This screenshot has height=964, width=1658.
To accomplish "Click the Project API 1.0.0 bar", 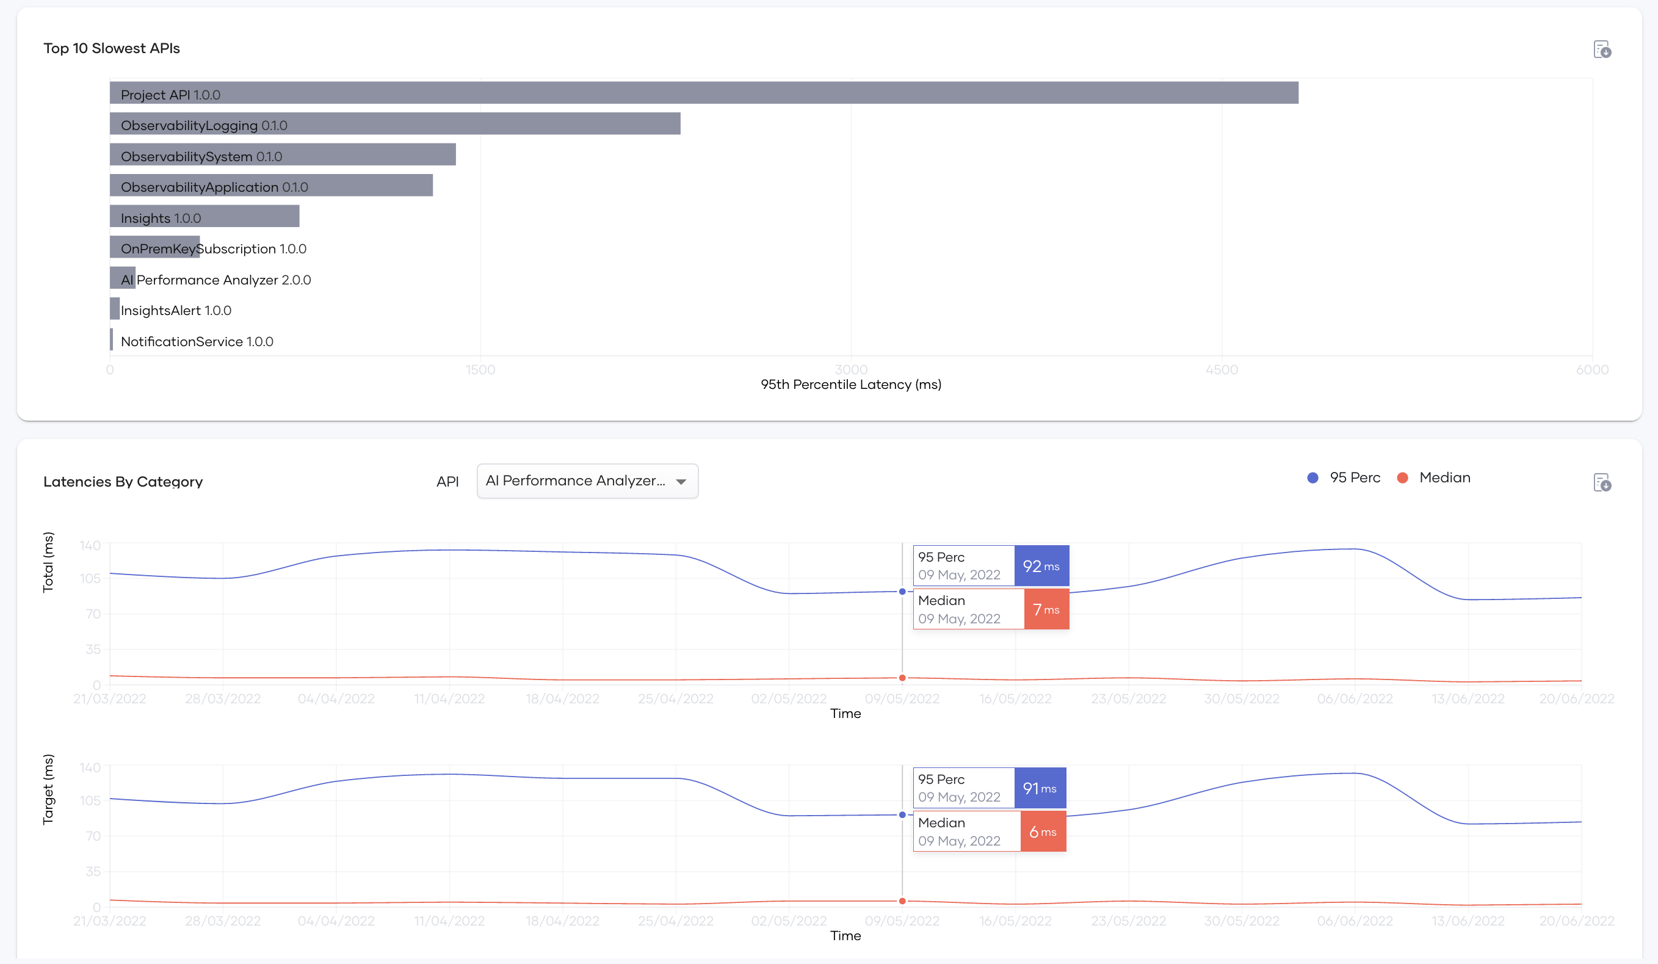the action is [704, 93].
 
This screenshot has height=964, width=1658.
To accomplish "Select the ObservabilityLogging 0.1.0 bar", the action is [395, 124].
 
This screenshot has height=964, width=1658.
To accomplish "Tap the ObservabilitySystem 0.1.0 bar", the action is [283, 154].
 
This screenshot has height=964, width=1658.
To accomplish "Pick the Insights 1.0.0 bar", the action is [205, 217].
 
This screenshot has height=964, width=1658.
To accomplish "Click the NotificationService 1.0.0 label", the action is [197, 341].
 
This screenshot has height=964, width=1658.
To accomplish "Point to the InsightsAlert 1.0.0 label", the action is [176, 311].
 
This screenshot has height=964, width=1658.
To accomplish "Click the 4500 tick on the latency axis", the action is [1222, 370].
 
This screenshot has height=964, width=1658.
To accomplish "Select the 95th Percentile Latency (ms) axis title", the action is [851, 384].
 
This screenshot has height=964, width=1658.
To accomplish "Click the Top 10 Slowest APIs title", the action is [112, 48].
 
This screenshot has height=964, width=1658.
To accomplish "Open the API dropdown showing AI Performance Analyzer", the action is [587, 481].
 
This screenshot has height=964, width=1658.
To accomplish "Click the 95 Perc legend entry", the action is [1344, 477].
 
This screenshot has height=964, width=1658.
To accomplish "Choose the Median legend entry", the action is [1433, 477].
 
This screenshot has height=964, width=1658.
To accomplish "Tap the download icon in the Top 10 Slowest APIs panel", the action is [1602, 49].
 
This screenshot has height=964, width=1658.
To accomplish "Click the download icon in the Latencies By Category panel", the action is [1602, 482].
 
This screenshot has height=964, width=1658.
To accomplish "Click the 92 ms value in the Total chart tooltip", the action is [1041, 566].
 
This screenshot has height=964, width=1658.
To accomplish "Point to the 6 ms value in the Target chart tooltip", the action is [1043, 832].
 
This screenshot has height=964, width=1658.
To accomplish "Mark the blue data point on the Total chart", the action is [902, 592].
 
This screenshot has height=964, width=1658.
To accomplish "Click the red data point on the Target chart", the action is [902, 901].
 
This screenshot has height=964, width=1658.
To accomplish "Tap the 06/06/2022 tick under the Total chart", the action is [1355, 699].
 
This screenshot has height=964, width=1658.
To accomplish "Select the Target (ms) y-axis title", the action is [48, 789].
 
